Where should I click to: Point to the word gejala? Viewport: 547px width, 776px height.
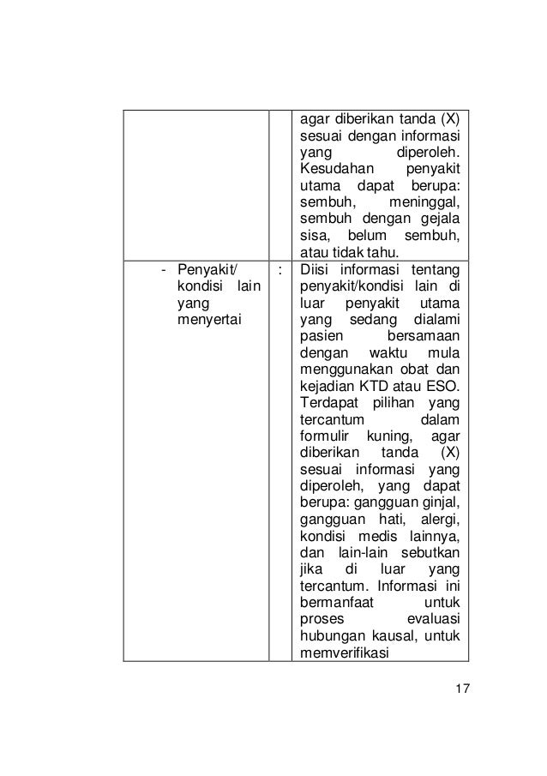[440, 219]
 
